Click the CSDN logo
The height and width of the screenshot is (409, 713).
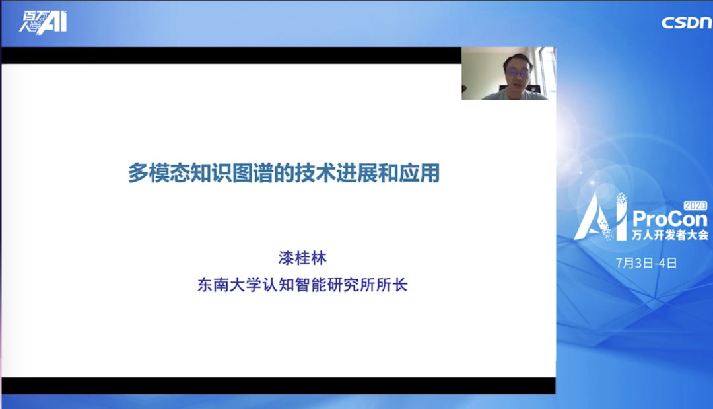coord(687,22)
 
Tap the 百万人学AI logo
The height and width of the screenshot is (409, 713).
coord(43,22)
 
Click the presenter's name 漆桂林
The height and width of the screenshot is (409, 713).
coord(302,258)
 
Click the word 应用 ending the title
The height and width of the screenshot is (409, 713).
coord(419,173)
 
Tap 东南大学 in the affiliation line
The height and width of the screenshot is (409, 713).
coord(228,285)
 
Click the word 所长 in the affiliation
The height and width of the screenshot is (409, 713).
coord(392,285)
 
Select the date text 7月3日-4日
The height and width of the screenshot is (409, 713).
coord(646,263)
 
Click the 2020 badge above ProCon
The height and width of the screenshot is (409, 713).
coord(696,205)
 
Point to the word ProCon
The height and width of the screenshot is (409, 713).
coord(670,220)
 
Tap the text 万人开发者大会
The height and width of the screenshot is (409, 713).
coord(670,235)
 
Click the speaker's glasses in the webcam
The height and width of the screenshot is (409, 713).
coord(518,72)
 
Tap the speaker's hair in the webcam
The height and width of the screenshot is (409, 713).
coord(518,59)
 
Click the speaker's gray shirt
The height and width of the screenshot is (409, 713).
coord(515,94)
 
